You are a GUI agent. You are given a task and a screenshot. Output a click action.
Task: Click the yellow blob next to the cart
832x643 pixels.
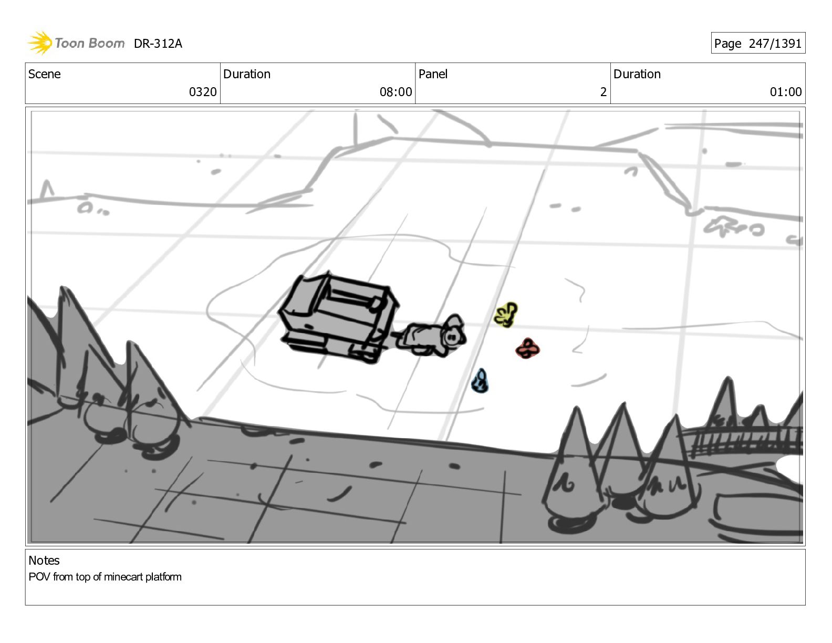(506, 315)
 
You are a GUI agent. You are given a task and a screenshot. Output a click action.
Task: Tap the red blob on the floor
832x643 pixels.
(527, 348)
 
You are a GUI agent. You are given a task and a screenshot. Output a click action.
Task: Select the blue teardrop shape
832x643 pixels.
(480, 381)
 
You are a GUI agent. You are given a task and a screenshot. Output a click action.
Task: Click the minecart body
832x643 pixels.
(339, 317)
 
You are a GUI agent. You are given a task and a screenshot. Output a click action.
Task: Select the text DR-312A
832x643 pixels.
(158, 44)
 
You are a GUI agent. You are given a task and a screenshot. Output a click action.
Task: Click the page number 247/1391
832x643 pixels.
(775, 44)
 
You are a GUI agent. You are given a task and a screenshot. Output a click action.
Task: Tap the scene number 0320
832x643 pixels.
(203, 92)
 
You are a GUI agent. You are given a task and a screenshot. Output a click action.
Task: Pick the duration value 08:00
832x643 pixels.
(396, 92)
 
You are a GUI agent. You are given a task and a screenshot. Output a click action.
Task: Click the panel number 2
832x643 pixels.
(603, 92)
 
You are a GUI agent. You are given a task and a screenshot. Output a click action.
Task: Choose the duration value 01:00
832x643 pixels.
(786, 92)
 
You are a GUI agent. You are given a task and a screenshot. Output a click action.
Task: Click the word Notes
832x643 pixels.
(44, 561)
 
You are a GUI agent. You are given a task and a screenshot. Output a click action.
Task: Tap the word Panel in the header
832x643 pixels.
(433, 74)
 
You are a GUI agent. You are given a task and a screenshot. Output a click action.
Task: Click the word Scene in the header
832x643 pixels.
(45, 74)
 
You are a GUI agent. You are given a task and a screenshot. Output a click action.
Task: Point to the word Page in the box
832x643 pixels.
(727, 44)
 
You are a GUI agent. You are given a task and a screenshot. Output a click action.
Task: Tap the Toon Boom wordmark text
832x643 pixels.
(90, 43)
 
